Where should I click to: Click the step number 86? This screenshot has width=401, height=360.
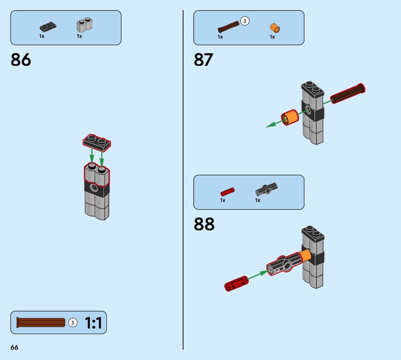click(21, 60)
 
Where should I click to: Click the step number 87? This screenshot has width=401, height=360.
click(204, 60)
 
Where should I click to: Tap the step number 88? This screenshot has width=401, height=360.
click(204, 224)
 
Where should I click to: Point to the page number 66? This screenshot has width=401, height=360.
click(14, 347)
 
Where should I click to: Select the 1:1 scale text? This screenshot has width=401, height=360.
click(93, 323)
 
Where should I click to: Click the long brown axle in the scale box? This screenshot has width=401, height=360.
click(41, 322)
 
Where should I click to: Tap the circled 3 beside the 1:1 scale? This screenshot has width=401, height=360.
click(72, 322)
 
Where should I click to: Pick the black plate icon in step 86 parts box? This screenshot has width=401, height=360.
click(49, 26)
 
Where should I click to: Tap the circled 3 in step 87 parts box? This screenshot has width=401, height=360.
click(245, 21)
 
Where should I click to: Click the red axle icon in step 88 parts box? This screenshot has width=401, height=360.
click(228, 191)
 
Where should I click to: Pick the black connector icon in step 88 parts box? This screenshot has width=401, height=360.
click(266, 190)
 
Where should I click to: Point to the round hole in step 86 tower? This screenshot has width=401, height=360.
click(93, 189)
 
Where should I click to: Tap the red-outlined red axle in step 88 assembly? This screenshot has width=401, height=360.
click(236, 284)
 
